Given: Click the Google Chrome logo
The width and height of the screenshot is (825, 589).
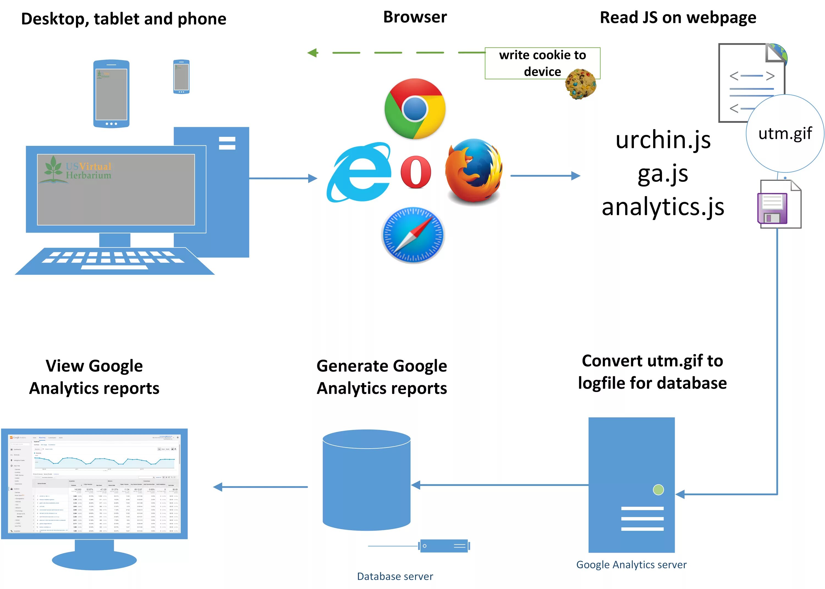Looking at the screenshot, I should (x=415, y=109).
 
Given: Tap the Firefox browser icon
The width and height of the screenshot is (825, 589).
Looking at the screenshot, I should (x=473, y=170).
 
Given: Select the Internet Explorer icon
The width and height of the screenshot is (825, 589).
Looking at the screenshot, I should (x=359, y=173).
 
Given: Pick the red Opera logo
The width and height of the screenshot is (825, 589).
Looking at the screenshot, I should (x=416, y=172).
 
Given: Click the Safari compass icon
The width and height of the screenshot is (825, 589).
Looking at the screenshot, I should (x=413, y=235).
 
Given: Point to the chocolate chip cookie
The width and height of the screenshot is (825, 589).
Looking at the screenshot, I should (x=580, y=84).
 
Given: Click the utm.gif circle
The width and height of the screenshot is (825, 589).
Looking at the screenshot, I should (x=785, y=134).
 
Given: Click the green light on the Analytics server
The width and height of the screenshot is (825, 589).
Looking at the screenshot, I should (x=658, y=490).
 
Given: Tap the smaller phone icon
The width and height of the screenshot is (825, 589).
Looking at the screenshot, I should (x=181, y=77).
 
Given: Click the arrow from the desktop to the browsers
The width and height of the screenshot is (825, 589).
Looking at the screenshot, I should (x=283, y=178).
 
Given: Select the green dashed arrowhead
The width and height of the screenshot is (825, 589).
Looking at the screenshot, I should (x=312, y=53).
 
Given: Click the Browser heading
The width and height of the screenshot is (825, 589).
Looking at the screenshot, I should (x=415, y=17).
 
